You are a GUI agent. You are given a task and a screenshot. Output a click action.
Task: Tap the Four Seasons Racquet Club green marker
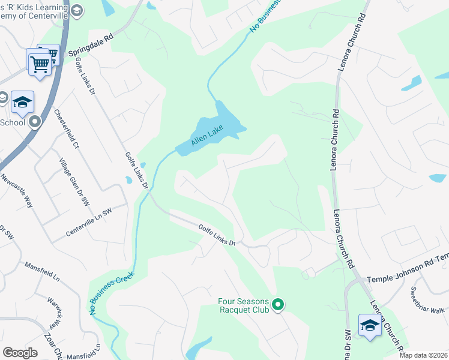pyautogui.click(x=277, y=305)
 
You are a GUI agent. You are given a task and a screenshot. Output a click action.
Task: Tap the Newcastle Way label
pyautogui.click(x=16, y=191)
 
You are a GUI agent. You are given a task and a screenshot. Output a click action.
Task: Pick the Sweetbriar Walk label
pyautogui.click(x=427, y=301)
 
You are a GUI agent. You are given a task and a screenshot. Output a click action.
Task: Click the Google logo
pyautogui.click(x=20, y=352)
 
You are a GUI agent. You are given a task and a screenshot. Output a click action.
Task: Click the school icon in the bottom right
pyautogui.click(x=370, y=325)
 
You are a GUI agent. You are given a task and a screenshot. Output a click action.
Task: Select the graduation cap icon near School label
pyautogui.click(x=22, y=102)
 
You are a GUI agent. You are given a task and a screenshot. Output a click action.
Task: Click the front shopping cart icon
pyautogui.click(x=40, y=63)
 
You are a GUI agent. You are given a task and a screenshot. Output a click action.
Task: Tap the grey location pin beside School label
pyautogui.click(x=35, y=123)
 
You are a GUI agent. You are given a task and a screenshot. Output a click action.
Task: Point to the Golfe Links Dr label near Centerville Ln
pyautogui.click(x=136, y=170)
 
